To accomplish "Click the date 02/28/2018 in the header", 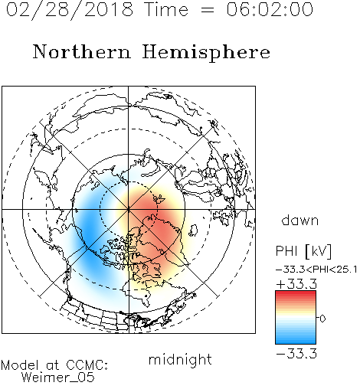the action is tap(70, 10).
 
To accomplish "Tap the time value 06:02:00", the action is tap(270, 9).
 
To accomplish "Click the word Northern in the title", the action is tap(82, 51).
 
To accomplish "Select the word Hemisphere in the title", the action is tap(206, 53).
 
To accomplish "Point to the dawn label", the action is tap(300, 220).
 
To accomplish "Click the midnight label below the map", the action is tap(180, 360).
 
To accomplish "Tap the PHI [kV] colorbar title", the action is tap(304, 251).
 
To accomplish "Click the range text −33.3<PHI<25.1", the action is tap(316, 270).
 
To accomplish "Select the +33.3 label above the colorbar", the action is tap(296, 284).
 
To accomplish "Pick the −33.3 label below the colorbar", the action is tap(296, 354).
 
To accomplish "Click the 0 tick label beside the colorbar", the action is tap(322, 319).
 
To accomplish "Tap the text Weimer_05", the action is tap(58, 377).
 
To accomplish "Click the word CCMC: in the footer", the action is tap(87, 364).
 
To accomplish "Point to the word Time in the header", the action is tap(166, 9).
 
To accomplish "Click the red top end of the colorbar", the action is tap(296, 293).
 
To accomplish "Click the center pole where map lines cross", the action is tap(129, 209).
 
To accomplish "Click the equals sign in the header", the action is tap(207, 10).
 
